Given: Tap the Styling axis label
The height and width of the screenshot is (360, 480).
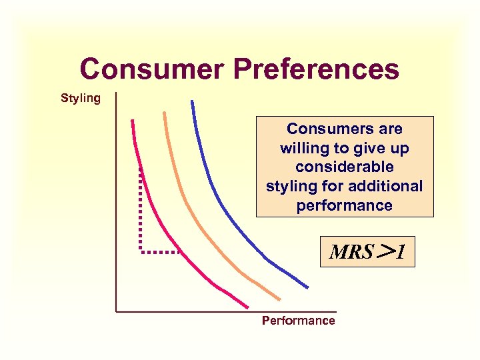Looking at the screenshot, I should (x=81, y=99).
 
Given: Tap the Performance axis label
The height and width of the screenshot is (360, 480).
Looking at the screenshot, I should (x=298, y=321).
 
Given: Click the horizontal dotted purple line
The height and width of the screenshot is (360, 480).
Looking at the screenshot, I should (x=160, y=252).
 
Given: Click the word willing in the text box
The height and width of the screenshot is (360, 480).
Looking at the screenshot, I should (x=303, y=147).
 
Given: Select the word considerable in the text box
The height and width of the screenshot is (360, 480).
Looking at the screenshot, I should (x=345, y=167).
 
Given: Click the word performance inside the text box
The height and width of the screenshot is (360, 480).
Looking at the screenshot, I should (x=345, y=205).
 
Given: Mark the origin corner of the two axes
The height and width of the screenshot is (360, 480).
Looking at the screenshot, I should (x=116, y=311).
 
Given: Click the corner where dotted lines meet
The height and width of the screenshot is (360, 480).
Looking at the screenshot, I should (x=141, y=252).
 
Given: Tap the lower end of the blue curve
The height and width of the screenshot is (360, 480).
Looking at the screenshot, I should (x=307, y=287).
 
